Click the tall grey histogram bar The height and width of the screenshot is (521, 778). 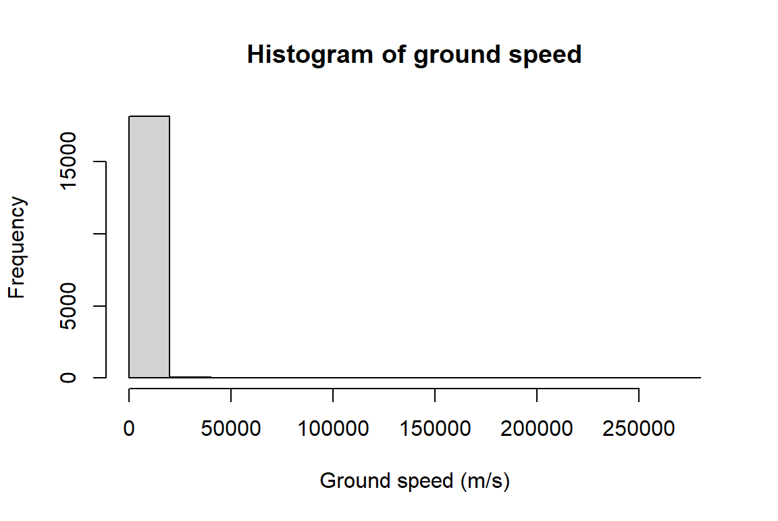tap(149, 247)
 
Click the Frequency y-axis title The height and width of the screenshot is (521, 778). tap(17, 247)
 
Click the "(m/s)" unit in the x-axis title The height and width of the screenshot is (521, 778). tap(485, 481)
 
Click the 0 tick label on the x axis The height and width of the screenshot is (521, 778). tap(129, 430)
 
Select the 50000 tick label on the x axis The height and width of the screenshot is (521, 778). tap(231, 430)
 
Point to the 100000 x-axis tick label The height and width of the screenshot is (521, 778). tap(333, 430)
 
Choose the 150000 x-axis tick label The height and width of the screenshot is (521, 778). tap(435, 430)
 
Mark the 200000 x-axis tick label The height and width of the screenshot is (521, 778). tap(537, 430)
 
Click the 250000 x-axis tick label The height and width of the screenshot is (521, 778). tap(639, 430)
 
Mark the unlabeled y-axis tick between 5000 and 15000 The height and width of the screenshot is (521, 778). tap(100, 234)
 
